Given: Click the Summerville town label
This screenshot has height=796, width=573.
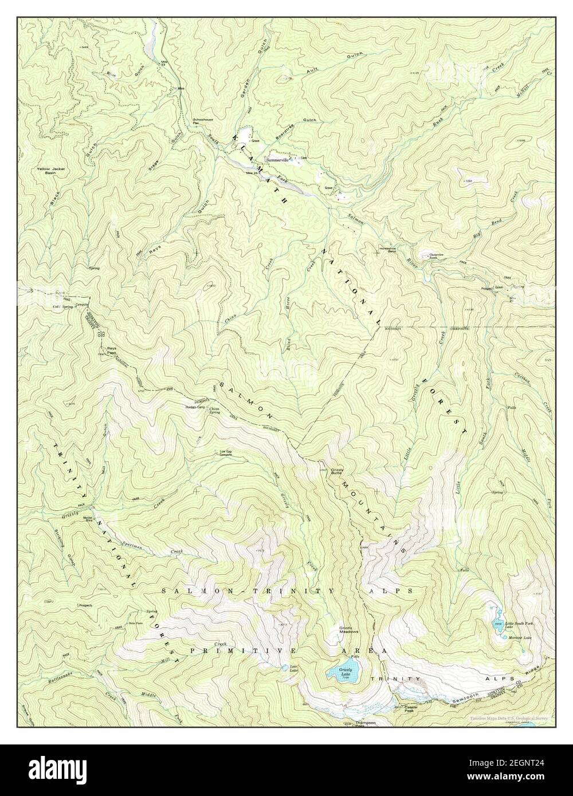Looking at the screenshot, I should tap(278, 160).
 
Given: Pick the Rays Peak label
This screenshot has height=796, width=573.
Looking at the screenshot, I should tap(112, 351).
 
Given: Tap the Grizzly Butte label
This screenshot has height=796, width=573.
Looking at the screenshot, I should tap(336, 472).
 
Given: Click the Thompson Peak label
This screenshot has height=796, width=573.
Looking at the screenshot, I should tap(365, 723).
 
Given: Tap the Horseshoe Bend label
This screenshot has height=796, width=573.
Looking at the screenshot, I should tap(387, 250).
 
